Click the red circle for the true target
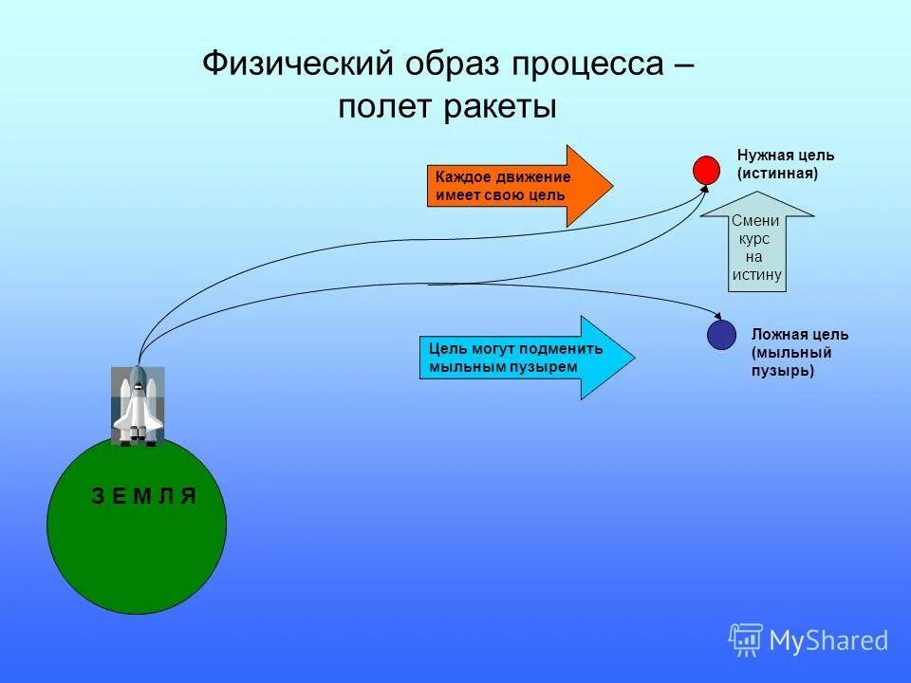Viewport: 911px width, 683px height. [706, 170]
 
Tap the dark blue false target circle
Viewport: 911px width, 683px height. [721, 335]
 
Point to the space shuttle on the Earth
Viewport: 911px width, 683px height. [137, 405]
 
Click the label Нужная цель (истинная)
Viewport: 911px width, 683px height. [785, 164]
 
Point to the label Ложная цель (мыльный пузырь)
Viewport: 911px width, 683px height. [799, 352]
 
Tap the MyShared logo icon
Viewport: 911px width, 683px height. [746, 640]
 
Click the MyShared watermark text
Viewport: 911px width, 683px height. [828, 641]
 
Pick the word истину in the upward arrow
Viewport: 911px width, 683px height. [756, 275]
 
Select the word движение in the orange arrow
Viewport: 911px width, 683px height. [530, 177]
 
